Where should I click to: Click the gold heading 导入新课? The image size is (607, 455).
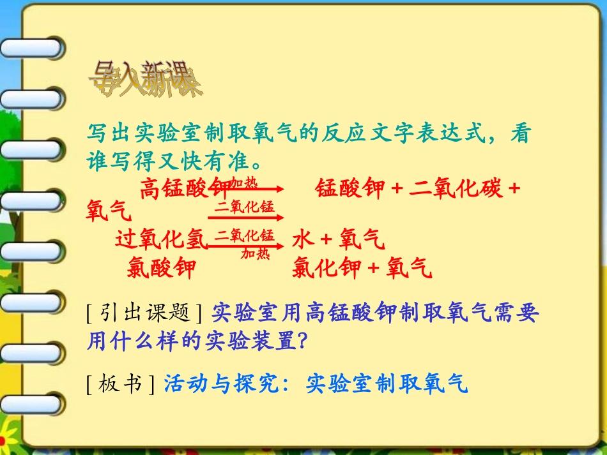[x=146, y=80]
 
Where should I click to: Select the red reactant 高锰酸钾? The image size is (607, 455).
[x=185, y=189]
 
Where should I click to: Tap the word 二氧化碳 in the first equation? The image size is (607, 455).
[x=455, y=189]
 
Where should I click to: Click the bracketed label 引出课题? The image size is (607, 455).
[x=144, y=313]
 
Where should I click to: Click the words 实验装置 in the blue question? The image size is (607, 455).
[x=251, y=341]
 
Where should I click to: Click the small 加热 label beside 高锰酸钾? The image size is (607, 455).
[x=243, y=183]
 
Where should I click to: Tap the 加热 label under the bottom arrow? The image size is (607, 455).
[x=255, y=254]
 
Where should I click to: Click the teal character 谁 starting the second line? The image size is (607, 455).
[x=98, y=160]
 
